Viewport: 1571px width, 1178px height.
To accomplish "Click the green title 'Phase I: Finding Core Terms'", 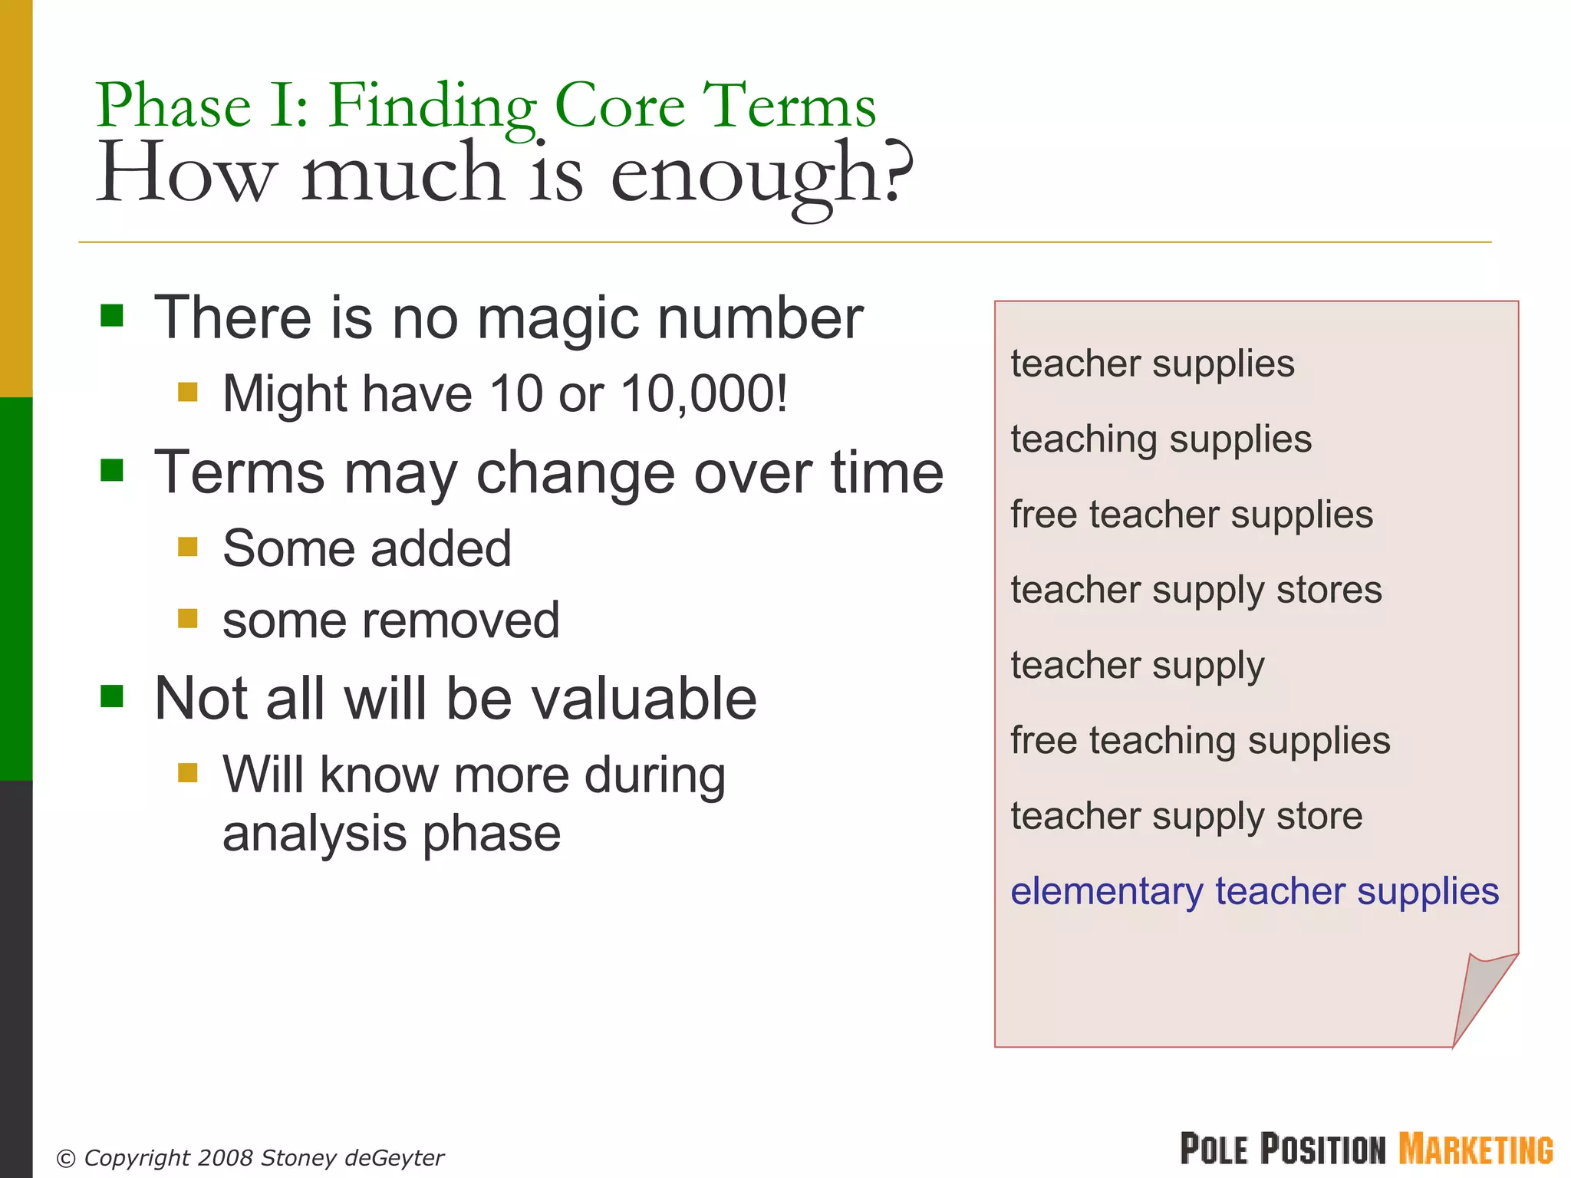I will pos(486,106).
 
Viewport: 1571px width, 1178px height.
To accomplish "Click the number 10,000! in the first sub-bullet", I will pos(704,394).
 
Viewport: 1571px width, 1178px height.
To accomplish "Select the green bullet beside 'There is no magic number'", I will pos(112,315).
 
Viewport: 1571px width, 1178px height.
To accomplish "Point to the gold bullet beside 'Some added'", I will pos(188,547).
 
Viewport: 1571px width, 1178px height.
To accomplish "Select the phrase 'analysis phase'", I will pos(391,834).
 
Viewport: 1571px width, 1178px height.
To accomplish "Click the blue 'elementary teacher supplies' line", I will pos(1254,892).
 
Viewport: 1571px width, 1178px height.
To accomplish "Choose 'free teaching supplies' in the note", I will pos(1200,741).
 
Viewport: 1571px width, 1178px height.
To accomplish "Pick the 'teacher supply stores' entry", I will pos(1196,591).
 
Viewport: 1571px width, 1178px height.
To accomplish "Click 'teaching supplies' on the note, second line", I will pos(1161,439).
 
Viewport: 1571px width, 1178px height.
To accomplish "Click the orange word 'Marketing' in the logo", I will pos(1475,1150).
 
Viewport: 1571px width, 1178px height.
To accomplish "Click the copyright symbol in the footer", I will pos(67,1159).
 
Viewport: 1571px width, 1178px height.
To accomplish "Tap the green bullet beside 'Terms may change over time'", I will pos(112,470).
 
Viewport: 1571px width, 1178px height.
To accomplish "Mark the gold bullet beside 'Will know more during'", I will pos(188,772).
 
